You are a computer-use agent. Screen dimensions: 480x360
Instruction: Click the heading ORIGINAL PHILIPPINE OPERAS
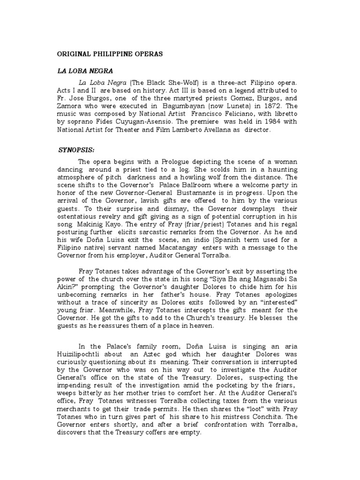point(110,54)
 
